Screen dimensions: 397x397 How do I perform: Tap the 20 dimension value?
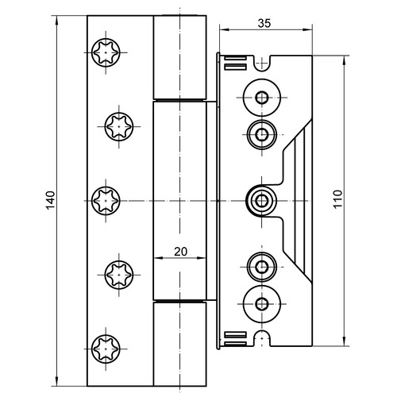coord(180,250)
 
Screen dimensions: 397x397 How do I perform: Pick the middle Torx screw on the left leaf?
coord(105,198)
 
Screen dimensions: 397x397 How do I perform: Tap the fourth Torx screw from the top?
coord(120,271)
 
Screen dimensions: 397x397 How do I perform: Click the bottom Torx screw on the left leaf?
coord(105,345)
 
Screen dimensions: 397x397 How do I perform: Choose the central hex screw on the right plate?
coord(259,198)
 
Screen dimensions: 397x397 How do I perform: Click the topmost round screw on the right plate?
coord(260,97)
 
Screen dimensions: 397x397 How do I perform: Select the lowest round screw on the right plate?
coord(260,300)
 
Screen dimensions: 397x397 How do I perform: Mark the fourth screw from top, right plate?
coord(260,265)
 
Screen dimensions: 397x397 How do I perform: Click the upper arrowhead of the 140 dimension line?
coord(59,18)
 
